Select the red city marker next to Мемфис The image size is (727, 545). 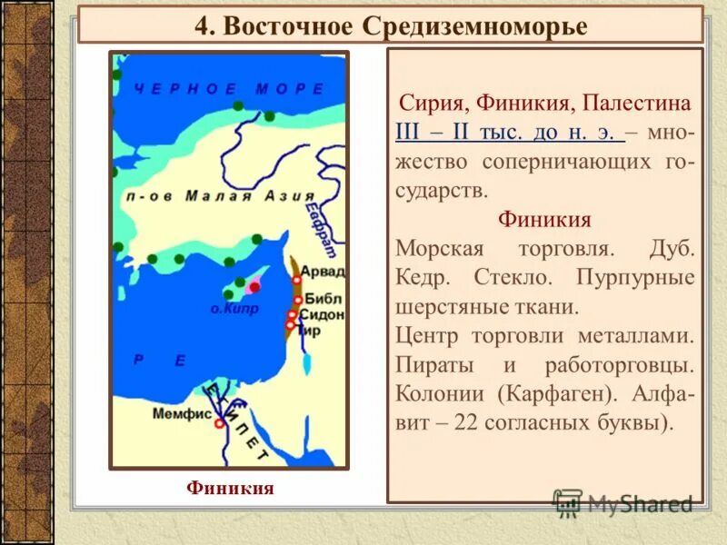pos(219,422)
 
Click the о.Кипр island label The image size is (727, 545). pos(234,308)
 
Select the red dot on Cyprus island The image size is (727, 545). pos(254,287)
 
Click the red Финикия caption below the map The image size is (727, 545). pos(230,488)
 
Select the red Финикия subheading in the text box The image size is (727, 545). pos(544,220)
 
